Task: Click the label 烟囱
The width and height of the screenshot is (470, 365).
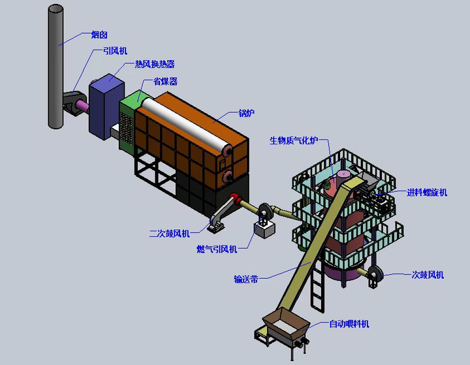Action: point(99,35)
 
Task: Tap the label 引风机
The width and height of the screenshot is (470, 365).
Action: point(115,51)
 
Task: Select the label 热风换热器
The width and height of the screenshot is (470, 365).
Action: point(155,64)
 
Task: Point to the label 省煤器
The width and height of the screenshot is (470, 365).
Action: point(165,81)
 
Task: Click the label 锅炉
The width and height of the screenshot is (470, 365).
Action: point(246,113)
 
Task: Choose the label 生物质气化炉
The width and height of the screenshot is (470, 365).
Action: point(294,140)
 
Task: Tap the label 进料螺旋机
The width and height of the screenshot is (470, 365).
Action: point(427,192)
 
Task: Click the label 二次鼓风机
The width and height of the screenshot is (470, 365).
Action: point(169,233)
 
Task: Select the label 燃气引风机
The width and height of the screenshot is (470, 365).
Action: point(217,249)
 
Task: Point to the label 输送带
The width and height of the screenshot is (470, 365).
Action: point(246,279)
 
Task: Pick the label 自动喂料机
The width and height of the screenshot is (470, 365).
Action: point(349,324)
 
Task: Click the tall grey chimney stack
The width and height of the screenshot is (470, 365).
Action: point(55,67)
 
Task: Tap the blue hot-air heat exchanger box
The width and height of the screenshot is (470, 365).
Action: point(106,107)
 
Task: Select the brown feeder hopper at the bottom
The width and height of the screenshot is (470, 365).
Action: point(286,325)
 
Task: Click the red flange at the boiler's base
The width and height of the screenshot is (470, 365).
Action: point(236,199)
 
